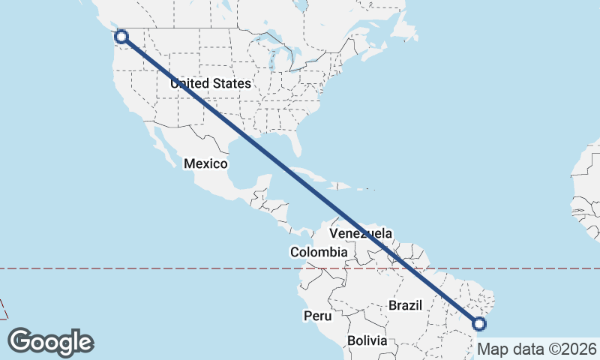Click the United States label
210,83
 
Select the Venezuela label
360,233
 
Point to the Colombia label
319,252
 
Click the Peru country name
318,316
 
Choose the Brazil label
406,305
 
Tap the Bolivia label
367,340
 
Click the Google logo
50,342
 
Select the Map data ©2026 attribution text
537,349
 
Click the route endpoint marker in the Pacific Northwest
121,36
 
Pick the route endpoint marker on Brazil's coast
479,324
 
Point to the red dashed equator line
150,268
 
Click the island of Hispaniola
349,185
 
